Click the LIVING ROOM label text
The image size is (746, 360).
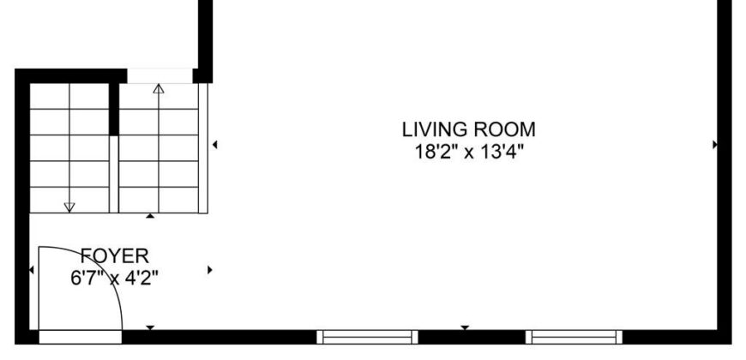[x=469, y=129]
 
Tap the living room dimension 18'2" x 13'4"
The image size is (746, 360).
[x=469, y=153]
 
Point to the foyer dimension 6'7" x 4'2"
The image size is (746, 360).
[x=114, y=279]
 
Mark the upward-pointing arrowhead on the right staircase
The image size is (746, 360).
[x=159, y=88]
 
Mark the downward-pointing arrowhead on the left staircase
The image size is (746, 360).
[x=69, y=207]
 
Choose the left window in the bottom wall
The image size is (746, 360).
[x=367, y=337]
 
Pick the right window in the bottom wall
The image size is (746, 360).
[x=574, y=337]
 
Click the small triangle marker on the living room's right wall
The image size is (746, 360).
[x=714, y=145]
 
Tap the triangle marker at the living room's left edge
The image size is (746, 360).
[x=215, y=145]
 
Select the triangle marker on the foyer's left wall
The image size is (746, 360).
[x=32, y=270]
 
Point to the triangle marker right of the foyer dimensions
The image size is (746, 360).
[x=210, y=270]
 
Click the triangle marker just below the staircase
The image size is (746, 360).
[x=150, y=216]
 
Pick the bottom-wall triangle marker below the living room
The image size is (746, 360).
[x=465, y=327]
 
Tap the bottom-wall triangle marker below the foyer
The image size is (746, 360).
[x=150, y=327]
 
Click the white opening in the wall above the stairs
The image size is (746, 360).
[x=159, y=76]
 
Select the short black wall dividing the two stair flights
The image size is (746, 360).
[x=114, y=109]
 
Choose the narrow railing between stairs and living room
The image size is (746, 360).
[x=203, y=148]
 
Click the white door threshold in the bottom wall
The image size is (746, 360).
[x=80, y=337]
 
